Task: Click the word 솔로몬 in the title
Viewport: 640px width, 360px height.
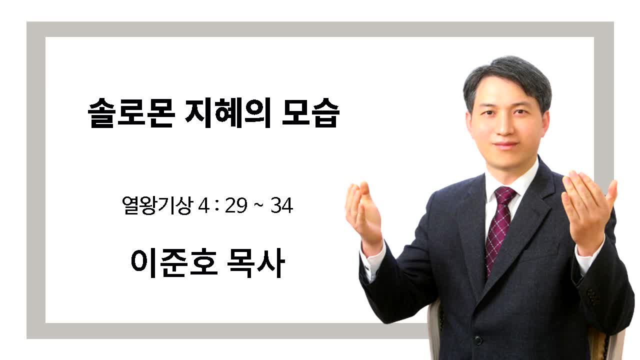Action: pyautogui.click(x=131, y=112)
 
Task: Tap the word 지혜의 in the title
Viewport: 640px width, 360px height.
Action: pyautogui.click(x=228, y=112)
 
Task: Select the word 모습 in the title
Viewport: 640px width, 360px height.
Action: pyautogui.click(x=311, y=112)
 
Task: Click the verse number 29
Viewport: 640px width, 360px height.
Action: pyautogui.click(x=236, y=205)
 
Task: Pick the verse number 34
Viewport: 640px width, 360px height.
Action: pyautogui.click(x=281, y=205)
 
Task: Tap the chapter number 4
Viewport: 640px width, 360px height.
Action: pyautogui.click(x=203, y=205)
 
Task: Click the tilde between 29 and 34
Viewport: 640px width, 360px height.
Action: pyautogui.click(x=259, y=205)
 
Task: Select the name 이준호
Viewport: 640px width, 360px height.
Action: pyautogui.click(x=174, y=262)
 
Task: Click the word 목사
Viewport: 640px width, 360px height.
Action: pyautogui.click(x=256, y=262)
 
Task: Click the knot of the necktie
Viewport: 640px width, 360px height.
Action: pyautogui.click(x=505, y=195)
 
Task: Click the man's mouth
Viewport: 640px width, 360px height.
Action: pyautogui.click(x=505, y=144)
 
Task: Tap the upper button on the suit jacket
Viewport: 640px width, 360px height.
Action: pyautogui.click(x=477, y=339)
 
